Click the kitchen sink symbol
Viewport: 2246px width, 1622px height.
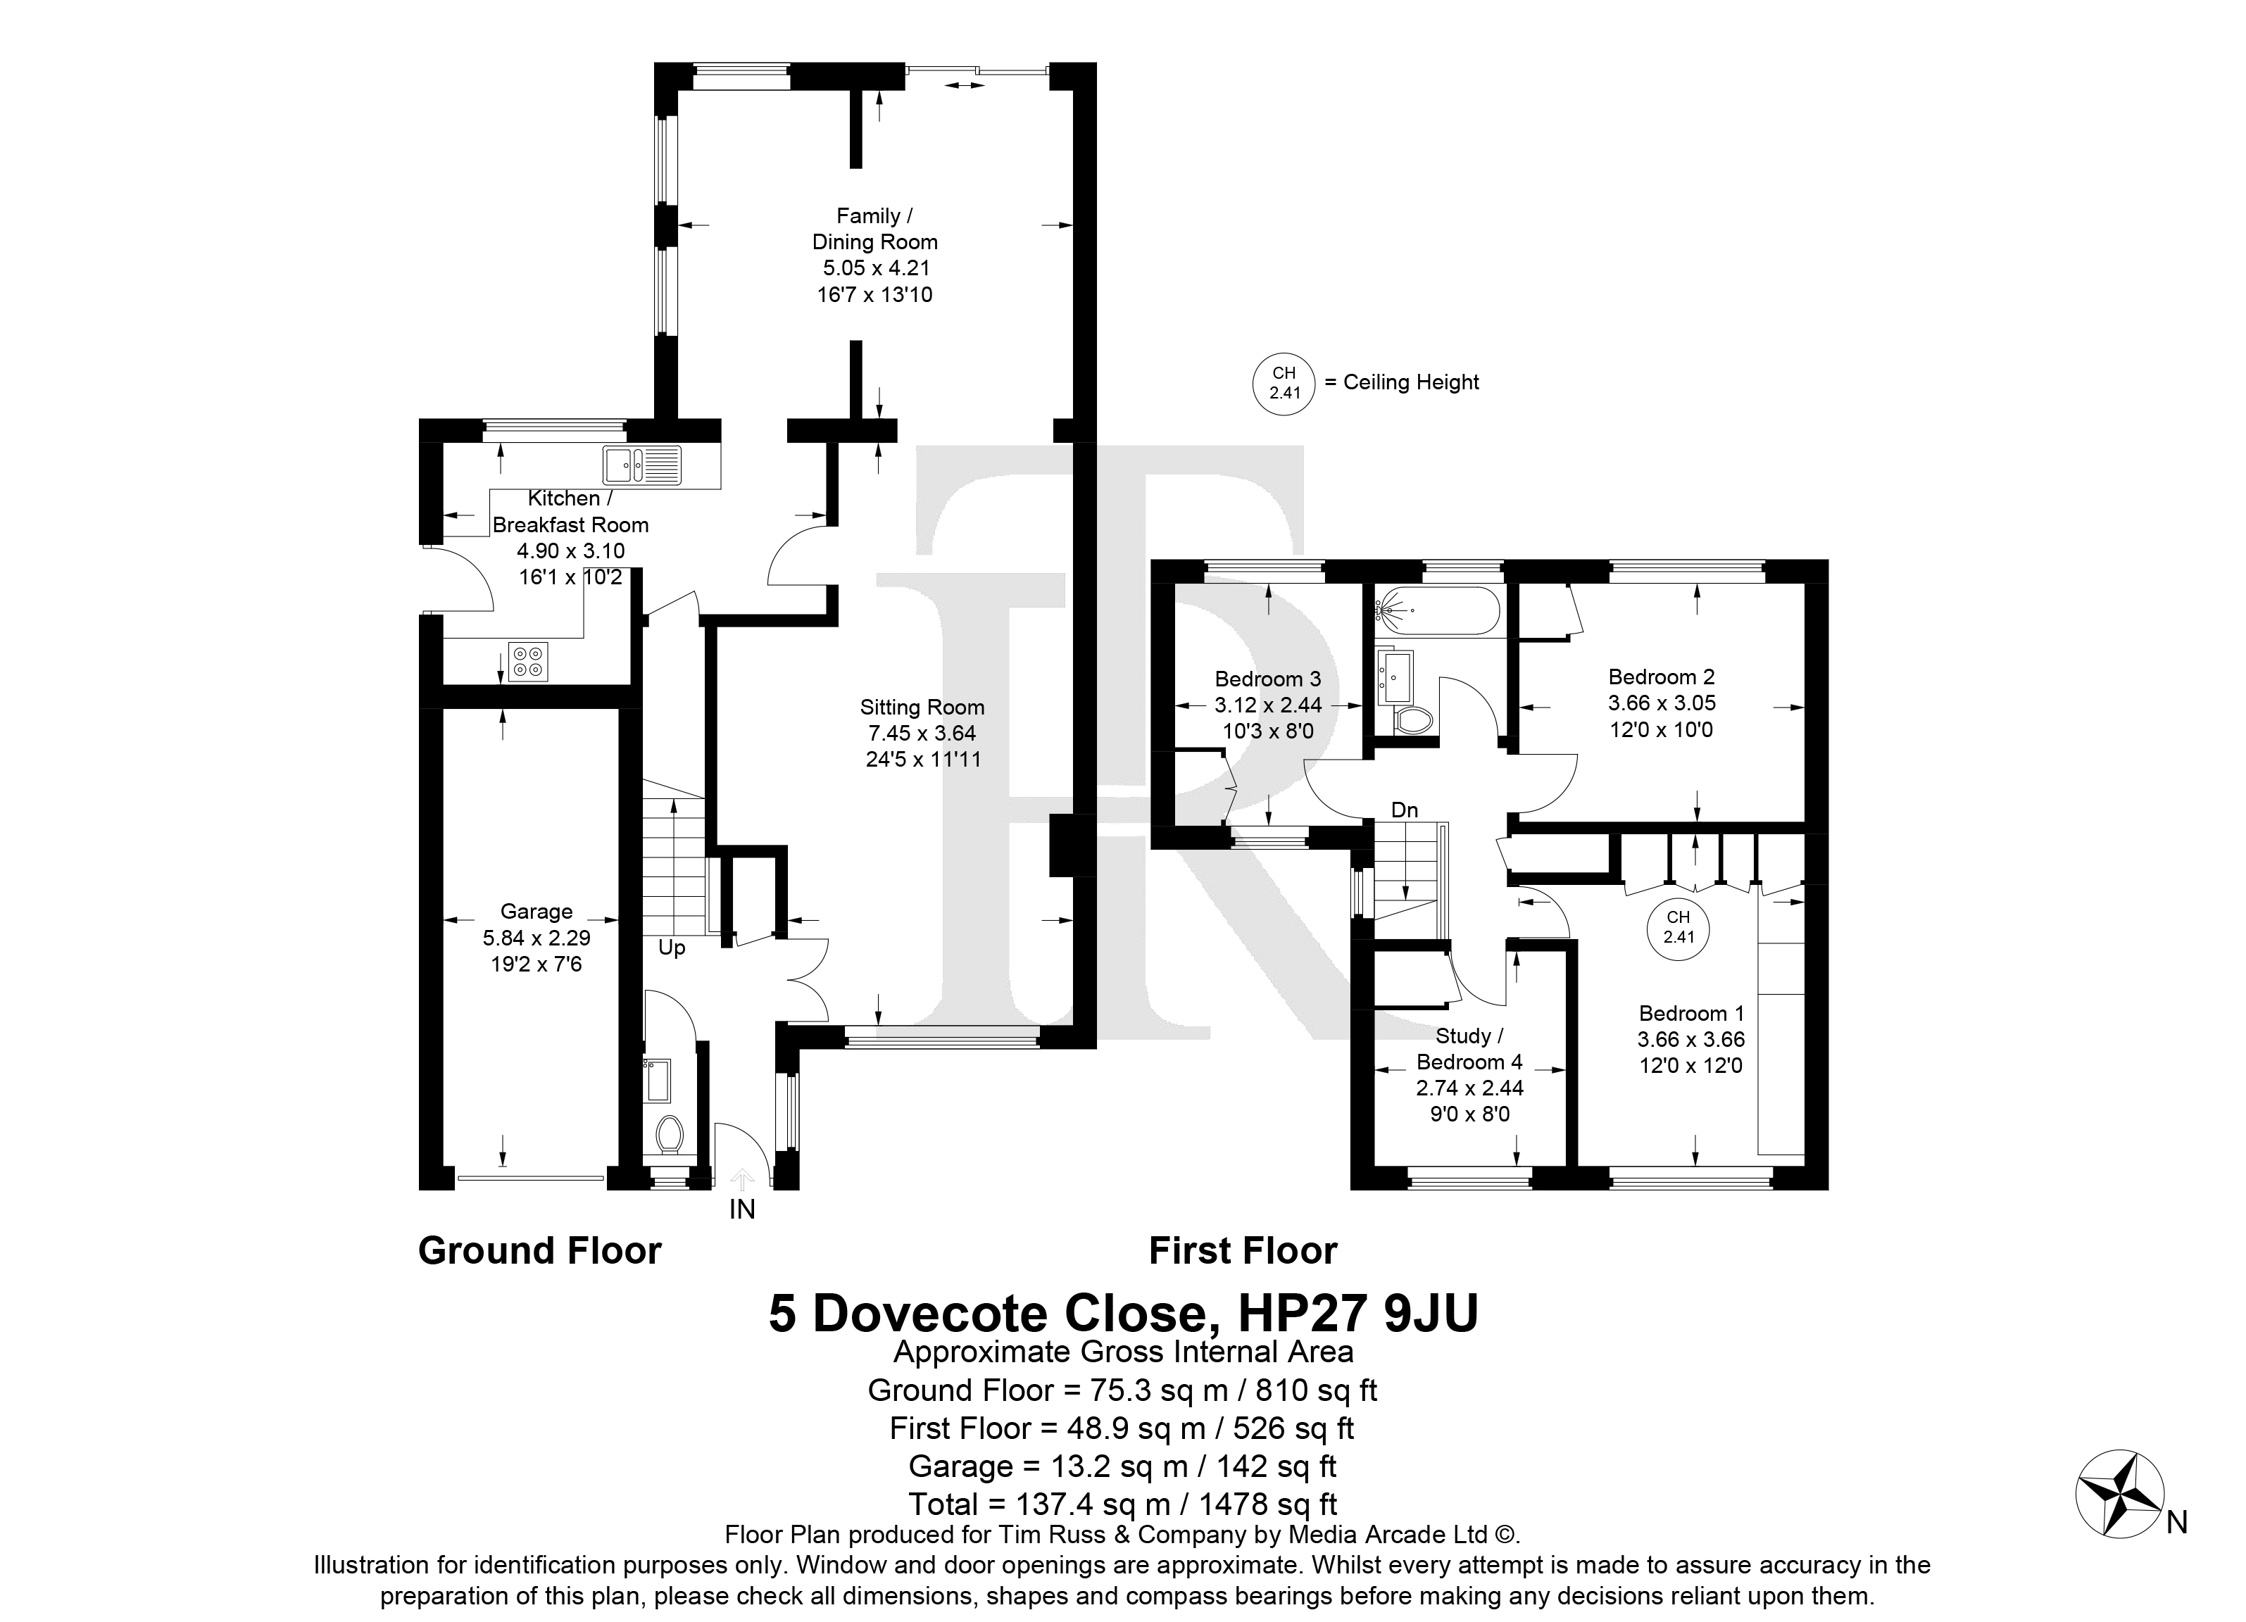tap(641, 465)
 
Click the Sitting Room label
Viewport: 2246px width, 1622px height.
tap(922, 707)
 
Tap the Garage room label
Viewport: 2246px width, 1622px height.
tap(536, 911)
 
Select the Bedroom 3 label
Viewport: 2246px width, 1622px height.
tap(1267, 679)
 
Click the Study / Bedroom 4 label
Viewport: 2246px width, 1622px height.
tap(1469, 1049)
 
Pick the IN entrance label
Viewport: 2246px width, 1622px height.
tap(741, 1209)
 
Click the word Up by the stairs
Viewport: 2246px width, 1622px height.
tap(672, 948)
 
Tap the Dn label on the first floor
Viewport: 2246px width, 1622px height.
tap(1404, 810)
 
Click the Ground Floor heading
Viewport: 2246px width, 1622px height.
tap(540, 1252)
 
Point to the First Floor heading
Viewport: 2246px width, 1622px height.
tap(1243, 1252)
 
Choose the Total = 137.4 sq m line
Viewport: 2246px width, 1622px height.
tap(1122, 1504)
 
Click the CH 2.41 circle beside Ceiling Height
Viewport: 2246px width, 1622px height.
tap(1284, 383)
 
